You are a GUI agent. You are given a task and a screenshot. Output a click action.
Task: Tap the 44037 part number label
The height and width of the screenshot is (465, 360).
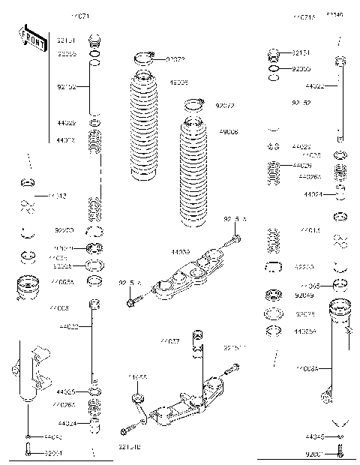coord(169,341)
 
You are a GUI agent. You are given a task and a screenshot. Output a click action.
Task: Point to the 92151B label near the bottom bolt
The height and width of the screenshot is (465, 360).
coord(130,448)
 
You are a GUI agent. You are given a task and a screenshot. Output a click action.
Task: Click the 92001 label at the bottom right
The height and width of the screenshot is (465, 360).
coord(314,453)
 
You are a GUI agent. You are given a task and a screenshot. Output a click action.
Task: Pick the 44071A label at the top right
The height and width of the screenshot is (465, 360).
coord(304,16)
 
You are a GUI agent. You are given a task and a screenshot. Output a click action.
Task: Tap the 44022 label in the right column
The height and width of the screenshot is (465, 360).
coord(314,86)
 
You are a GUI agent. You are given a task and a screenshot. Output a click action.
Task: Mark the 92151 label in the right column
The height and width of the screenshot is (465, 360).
coord(301,53)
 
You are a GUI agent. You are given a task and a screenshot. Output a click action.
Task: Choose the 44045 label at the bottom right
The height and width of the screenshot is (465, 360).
coord(315,436)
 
